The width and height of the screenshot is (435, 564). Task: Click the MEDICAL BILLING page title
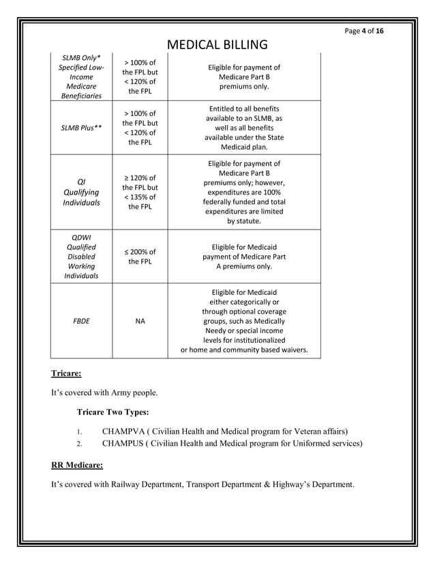pyautogui.click(x=217, y=45)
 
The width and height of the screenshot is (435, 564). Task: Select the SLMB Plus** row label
pyautogui.click(x=81, y=128)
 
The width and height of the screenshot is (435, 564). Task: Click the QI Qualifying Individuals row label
pyautogui.click(x=81, y=193)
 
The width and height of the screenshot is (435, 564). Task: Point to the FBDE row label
pyautogui.click(x=81, y=320)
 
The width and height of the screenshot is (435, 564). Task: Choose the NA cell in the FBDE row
pyautogui.click(x=140, y=320)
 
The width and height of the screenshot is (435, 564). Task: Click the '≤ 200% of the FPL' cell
pyautogui.click(x=140, y=256)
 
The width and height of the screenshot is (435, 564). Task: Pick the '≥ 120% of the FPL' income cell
pyautogui.click(x=140, y=193)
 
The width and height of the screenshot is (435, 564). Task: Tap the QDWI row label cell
pyautogui.click(x=81, y=256)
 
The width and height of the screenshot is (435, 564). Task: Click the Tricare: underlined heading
pyautogui.click(x=66, y=373)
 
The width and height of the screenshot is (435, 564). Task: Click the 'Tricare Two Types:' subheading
pyautogui.click(x=113, y=412)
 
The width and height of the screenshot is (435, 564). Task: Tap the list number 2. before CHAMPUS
pyautogui.click(x=79, y=445)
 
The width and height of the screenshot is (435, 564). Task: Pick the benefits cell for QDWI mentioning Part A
pyautogui.click(x=243, y=256)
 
